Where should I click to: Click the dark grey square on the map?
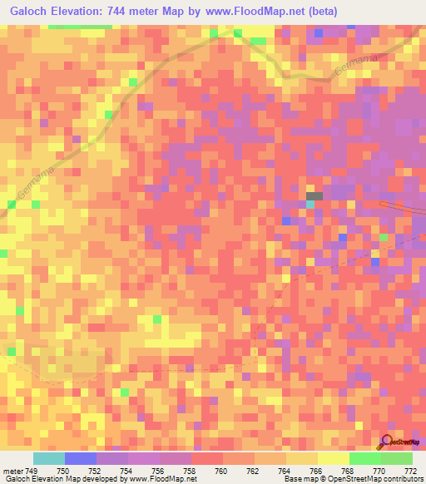pos(314,195)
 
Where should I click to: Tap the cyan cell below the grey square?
pos(310,204)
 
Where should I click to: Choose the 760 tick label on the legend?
pos(222,470)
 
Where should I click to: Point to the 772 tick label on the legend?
pos(409,470)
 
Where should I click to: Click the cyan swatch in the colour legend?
pos(49,458)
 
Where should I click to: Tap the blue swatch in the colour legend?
pos(81,458)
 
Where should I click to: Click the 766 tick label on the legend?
pos(316,470)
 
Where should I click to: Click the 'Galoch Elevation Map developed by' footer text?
pos(62,480)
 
